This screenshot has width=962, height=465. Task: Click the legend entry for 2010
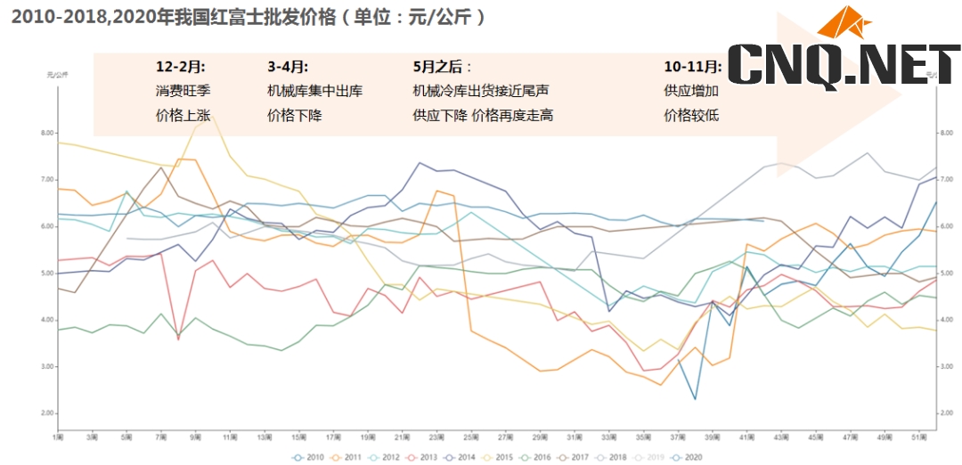click(309, 457)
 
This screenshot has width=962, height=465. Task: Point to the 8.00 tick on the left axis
click(48, 134)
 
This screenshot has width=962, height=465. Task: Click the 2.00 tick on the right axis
click(950, 413)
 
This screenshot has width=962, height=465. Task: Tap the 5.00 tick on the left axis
click(48, 273)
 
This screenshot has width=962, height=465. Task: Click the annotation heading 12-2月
click(181, 67)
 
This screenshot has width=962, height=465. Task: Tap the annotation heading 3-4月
click(288, 67)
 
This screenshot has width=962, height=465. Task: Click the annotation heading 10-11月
click(692, 67)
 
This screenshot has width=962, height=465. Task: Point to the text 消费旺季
click(183, 91)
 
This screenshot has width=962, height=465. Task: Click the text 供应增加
click(691, 91)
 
